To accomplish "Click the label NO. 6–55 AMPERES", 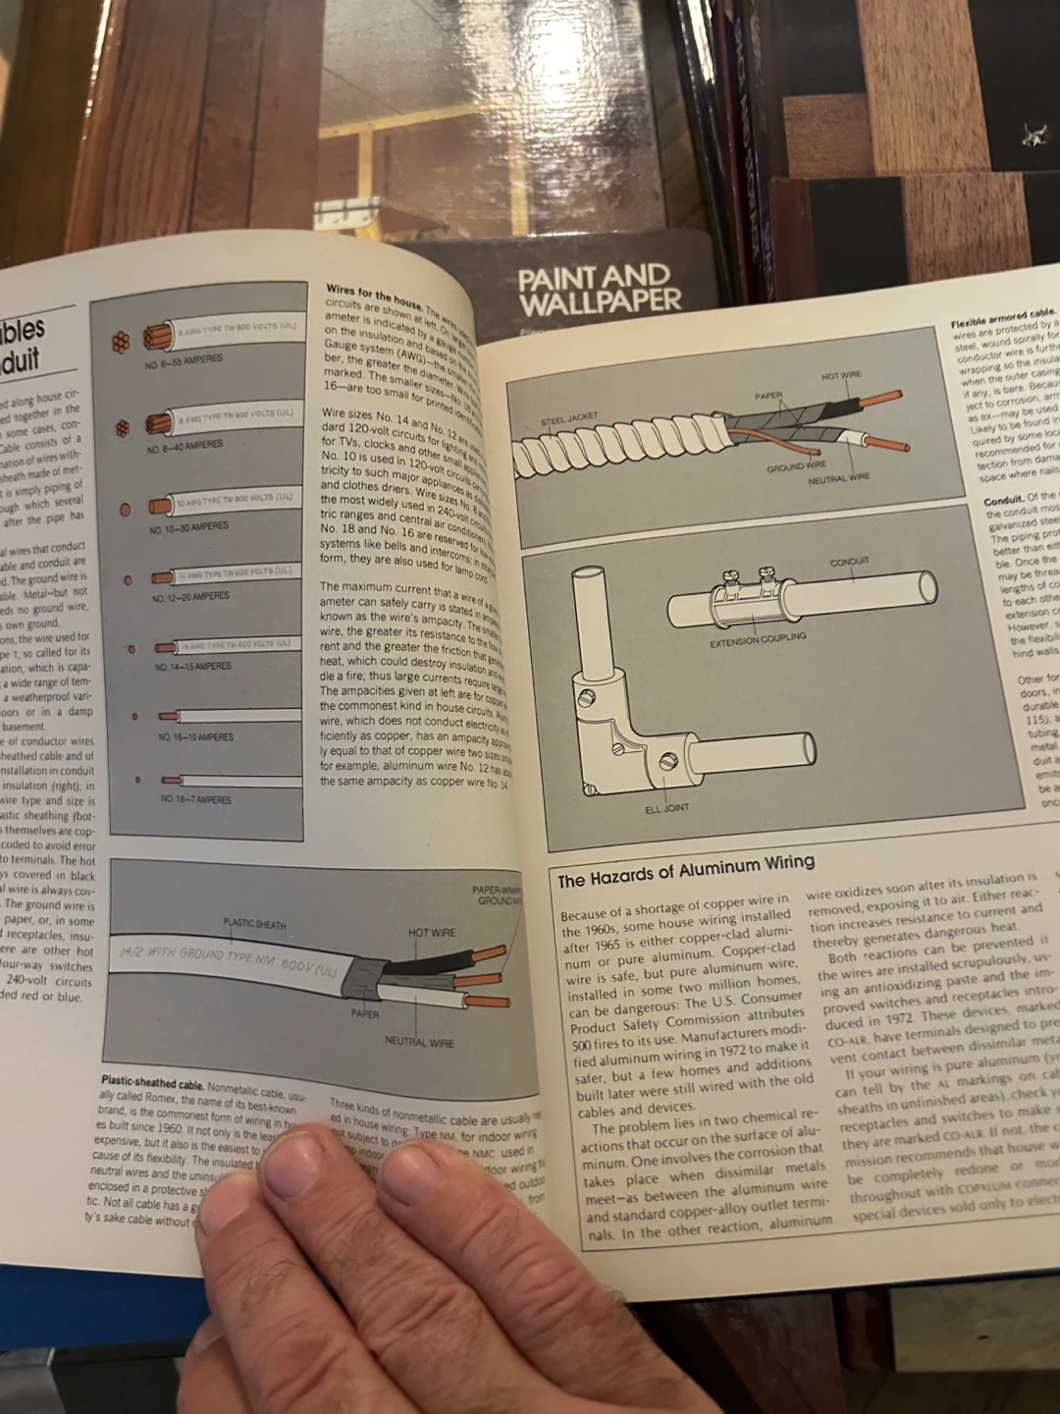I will (x=184, y=359).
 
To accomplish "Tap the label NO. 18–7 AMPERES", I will (x=196, y=799).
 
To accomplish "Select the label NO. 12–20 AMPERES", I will (x=190, y=596).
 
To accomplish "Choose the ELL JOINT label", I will (x=666, y=808).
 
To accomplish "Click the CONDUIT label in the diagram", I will (x=849, y=562).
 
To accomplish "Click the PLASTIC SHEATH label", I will (x=254, y=924).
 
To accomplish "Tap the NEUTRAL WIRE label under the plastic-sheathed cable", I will (x=419, y=1042).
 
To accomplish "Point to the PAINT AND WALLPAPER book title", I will (x=599, y=289).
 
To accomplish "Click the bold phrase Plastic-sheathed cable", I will (x=152, y=1084).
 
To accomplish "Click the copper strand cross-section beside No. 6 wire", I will (x=120, y=342).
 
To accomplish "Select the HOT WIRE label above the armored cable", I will (x=841, y=375).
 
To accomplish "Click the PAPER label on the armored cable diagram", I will (x=768, y=396).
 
